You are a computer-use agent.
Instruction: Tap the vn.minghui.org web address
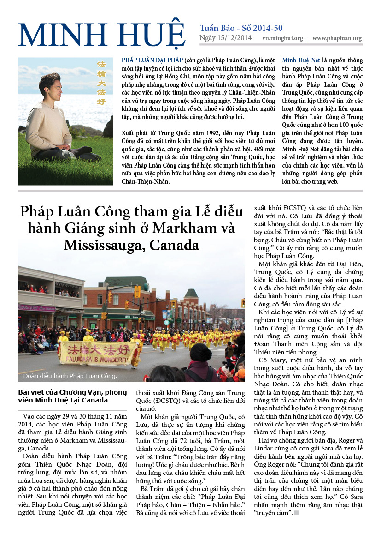tap(282, 39)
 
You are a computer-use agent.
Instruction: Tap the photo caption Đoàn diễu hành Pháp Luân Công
tap(68, 376)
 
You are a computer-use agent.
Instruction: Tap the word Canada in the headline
tap(178, 244)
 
